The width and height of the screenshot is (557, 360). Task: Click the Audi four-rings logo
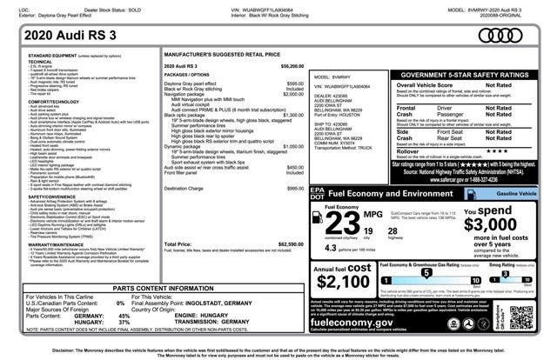523,34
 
